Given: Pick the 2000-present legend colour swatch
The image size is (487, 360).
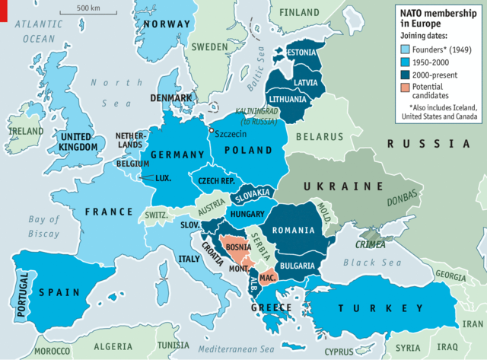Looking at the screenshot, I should click(x=406, y=75).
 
